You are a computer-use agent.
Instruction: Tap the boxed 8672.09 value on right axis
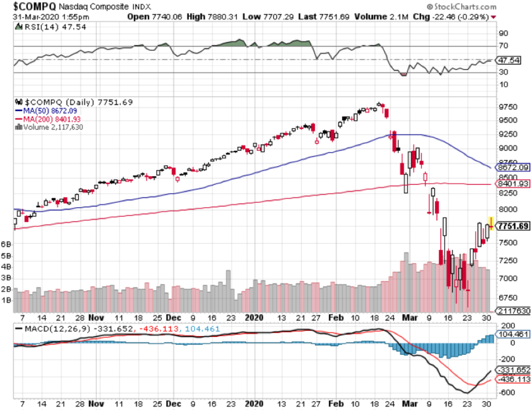pos(512,167)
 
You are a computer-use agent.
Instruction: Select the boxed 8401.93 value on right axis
pos(512,184)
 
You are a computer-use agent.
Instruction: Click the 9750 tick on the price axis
pos(505,107)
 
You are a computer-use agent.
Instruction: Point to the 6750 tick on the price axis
pos(505,297)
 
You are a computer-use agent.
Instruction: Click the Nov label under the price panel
pos(97,317)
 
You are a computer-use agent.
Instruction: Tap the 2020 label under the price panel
pos(254,317)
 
